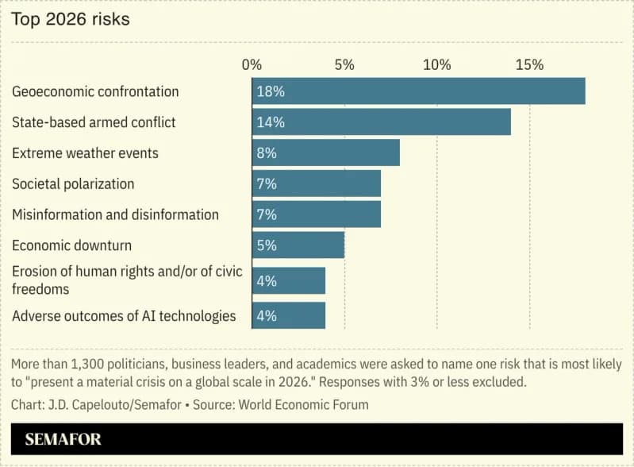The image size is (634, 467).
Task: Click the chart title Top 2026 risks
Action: coord(70,19)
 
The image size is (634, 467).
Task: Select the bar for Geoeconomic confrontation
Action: coord(418,91)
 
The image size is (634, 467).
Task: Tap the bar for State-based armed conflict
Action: coord(381,122)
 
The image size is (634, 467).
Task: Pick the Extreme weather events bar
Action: coord(325,153)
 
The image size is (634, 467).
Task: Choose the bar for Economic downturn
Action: coord(298,245)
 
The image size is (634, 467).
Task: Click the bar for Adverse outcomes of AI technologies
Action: coord(289,315)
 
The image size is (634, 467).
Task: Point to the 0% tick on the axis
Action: coord(252,65)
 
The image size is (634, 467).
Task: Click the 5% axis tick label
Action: coord(344,65)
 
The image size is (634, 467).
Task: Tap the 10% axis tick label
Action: coord(436,65)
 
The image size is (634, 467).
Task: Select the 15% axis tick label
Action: coord(529,65)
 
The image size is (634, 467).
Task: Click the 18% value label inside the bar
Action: coord(271,91)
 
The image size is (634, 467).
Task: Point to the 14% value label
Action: coord(271,122)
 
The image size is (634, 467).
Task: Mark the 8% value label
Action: coord(267,153)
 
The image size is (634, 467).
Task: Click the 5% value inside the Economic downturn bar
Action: coord(267,245)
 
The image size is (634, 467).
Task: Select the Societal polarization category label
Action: coord(73,184)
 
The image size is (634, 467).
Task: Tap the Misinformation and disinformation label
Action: coord(115,214)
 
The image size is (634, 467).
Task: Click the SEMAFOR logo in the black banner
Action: coord(63,439)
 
